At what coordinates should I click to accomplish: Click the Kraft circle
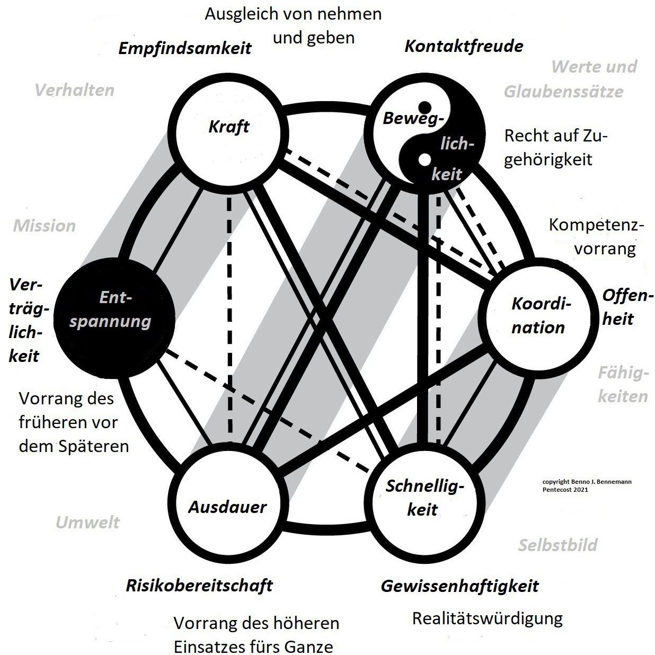coord(228,127)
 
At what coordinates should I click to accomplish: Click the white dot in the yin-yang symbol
coord(424,158)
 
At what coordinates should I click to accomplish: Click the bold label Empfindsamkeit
coord(184,48)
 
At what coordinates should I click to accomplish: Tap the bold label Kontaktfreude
coord(464,46)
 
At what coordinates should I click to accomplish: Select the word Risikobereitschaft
coord(199,586)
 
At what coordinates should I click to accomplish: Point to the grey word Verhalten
coord(74,90)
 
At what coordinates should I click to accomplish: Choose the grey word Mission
coord(45,226)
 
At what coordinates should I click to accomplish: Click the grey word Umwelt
coord(87,523)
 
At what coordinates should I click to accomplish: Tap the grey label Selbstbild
coord(557,545)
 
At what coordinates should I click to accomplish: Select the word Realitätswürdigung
coord(487,618)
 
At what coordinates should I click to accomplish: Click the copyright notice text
coord(587,485)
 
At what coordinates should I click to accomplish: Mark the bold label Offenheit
coord(625,307)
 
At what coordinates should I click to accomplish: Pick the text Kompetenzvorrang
coord(596,236)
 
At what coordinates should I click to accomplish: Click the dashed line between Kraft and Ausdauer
coord(229,318)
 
